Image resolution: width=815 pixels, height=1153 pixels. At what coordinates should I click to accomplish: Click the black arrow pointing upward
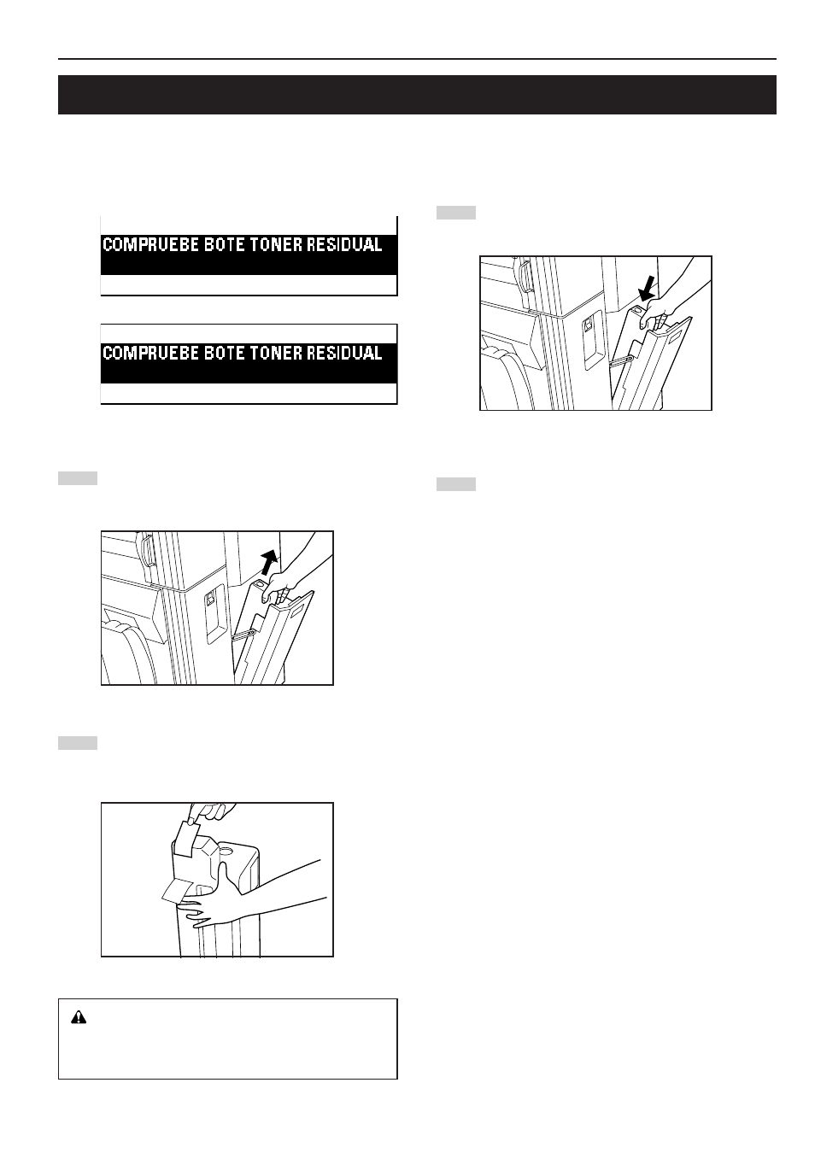click(x=267, y=562)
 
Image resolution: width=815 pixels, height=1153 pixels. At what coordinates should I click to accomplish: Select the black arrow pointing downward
click(x=647, y=289)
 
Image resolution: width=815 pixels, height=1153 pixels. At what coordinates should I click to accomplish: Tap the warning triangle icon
click(x=79, y=1017)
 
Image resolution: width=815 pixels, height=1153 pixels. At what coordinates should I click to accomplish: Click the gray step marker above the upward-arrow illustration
click(x=77, y=478)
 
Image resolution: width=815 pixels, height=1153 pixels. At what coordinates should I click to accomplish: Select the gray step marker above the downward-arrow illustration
click(x=456, y=213)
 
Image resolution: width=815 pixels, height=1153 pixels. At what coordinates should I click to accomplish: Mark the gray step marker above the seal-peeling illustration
click(x=77, y=743)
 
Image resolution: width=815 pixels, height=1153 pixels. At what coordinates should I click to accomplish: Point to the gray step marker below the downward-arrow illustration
click(x=456, y=484)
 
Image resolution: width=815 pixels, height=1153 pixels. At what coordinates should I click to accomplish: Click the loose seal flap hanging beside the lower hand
click(x=176, y=891)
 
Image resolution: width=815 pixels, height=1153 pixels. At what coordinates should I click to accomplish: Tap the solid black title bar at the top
click(x=417, y=95)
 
